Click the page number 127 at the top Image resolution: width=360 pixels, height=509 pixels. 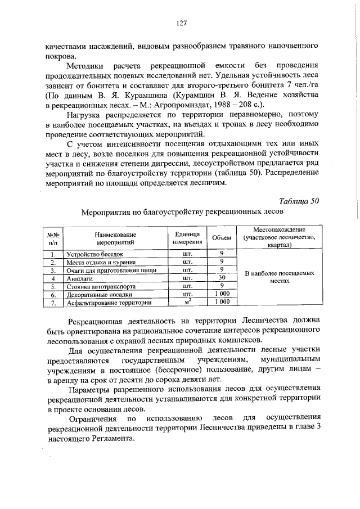click(181, 23)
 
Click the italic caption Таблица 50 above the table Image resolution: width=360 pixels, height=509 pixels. click(299, 201)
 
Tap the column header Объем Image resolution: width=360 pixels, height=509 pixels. click(221, 238)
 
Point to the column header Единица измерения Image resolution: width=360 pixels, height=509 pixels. click(188, 238)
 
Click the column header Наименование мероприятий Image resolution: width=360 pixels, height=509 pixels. click(116, 238)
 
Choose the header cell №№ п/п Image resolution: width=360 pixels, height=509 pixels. click(53, 238)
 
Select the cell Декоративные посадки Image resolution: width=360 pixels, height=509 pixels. click(99, 294)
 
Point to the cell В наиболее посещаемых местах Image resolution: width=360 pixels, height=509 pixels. click(279, 276)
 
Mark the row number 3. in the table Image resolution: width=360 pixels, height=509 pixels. click(53, 270)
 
